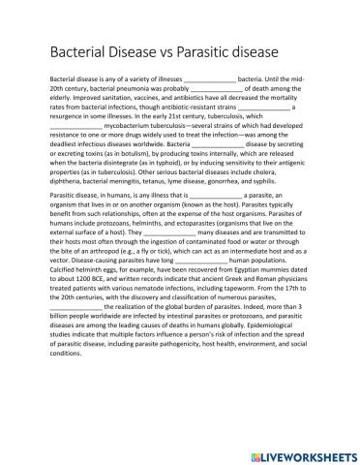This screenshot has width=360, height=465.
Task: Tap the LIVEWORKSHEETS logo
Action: click(x=299, y=452)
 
